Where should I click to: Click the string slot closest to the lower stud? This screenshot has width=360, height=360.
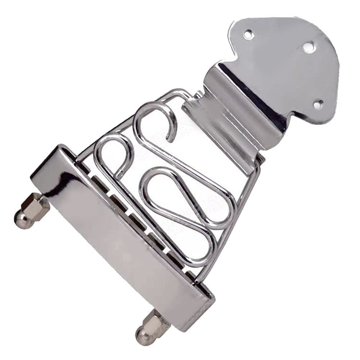191,274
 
